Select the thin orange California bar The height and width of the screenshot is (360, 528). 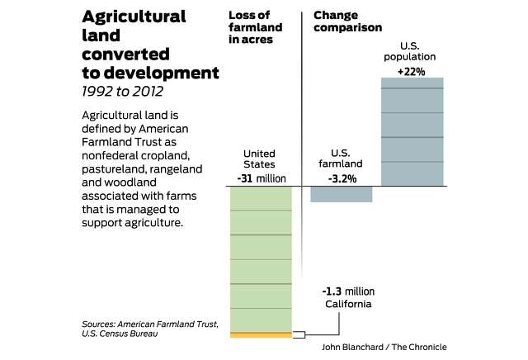click(261, 334)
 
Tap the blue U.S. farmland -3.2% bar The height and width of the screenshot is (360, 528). click(342, 194)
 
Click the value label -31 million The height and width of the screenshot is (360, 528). click(261, 178)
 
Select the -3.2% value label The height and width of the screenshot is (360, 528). click(342, 178)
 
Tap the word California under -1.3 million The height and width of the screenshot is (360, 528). click(348, 304)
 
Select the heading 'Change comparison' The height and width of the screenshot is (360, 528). click(347, 20)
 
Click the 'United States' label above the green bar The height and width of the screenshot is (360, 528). click(261, 159)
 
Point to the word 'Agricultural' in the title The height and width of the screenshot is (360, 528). click(134, 17)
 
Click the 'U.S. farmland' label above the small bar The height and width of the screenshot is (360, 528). click(342, 159)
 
